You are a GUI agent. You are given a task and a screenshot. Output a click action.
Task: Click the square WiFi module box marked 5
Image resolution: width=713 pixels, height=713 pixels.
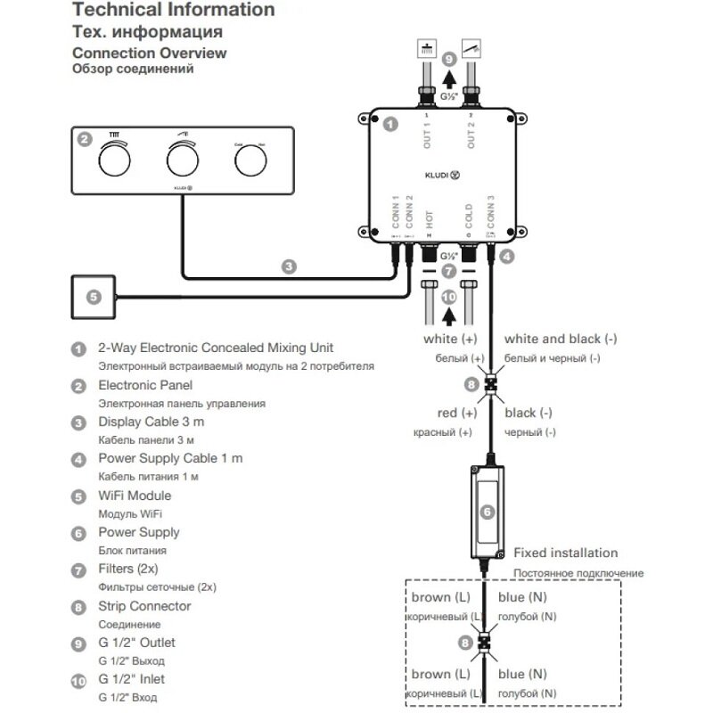pyautogui.click(x=94, y=298)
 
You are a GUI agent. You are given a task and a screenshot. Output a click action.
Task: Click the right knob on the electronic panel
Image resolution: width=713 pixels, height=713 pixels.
pyautogui.click(x=250, y=161)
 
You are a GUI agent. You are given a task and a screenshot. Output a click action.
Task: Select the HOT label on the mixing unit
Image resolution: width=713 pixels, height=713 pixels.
pyautogui.click(x=430, y=219)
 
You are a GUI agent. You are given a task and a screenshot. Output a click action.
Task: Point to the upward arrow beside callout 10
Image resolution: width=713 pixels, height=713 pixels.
pyautogui.click(x=448, y=312)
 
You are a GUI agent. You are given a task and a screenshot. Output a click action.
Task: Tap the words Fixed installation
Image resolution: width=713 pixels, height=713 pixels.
pyautogui.click(x=566, y=553)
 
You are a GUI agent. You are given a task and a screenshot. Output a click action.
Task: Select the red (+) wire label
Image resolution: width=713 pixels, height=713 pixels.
pyautogui.click(x=457, y=414)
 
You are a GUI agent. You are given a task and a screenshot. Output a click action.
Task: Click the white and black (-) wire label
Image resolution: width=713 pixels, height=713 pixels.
pyautogui.click(x=561, y=340)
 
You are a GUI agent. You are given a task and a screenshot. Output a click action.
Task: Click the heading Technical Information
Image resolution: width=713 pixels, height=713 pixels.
pyautogui.click(x=173, y=11)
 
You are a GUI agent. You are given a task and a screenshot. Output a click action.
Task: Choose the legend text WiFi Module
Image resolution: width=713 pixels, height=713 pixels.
pyautogui.click(x=134, y=496)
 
